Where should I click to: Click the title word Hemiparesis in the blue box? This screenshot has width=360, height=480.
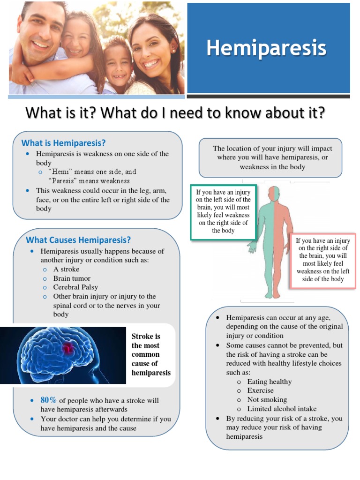click(266, 49)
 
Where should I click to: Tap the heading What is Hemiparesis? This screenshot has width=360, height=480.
click(63, 142)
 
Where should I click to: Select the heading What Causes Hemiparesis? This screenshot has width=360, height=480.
click(78, 240)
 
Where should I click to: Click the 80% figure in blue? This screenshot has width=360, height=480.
click(48, 400)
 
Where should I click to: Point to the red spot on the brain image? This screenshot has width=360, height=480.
click(68, 348)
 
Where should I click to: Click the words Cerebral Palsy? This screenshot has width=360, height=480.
click(75, 287)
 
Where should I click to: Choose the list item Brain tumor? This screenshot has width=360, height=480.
click(72, 278)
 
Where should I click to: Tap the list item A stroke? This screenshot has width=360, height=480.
click(66, 270)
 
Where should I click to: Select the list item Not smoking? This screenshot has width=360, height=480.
click(267, 400)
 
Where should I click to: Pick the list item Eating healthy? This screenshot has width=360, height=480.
click(269, 382)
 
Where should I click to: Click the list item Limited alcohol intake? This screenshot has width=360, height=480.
click(282, 409)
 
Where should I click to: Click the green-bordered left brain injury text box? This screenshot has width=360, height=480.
click(223, 212)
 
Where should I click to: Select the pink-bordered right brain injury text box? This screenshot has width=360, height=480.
click(323, 260)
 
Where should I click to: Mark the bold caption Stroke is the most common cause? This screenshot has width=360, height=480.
click(151, 355)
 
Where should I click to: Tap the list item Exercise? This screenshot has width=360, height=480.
click(260, 390)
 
